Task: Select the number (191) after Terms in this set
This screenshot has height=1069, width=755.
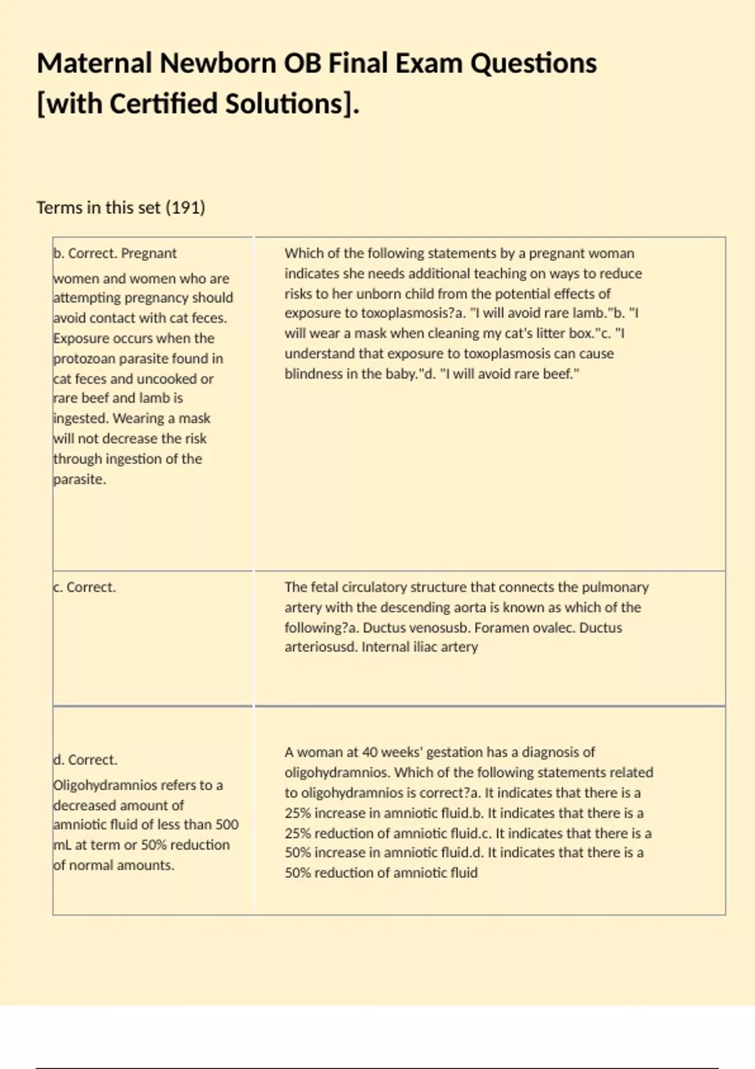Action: (x=185, y=208)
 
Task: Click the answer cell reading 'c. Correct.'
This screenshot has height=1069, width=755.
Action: (x=85, y=587)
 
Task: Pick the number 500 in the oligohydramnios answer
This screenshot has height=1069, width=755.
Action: (x=226, y=824)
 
